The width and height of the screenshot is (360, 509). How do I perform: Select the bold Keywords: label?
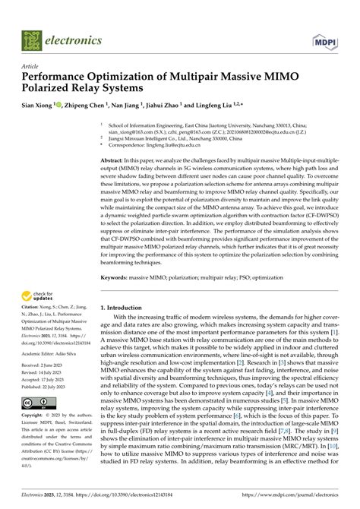click(119, 279)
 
